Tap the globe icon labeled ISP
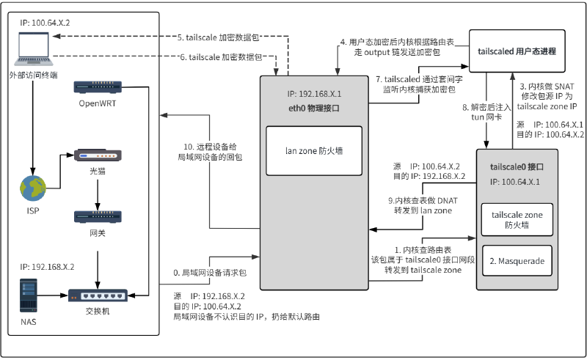(32, 188)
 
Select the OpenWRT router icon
(98, 87)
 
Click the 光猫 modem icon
(98, 155)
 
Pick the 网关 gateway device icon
(98, 217)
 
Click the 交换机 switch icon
(98, 295)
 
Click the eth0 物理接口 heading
(313, 107)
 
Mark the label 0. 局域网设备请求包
(209, 273)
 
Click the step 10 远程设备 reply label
(212, 151)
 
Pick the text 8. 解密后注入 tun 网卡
(481, 112)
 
